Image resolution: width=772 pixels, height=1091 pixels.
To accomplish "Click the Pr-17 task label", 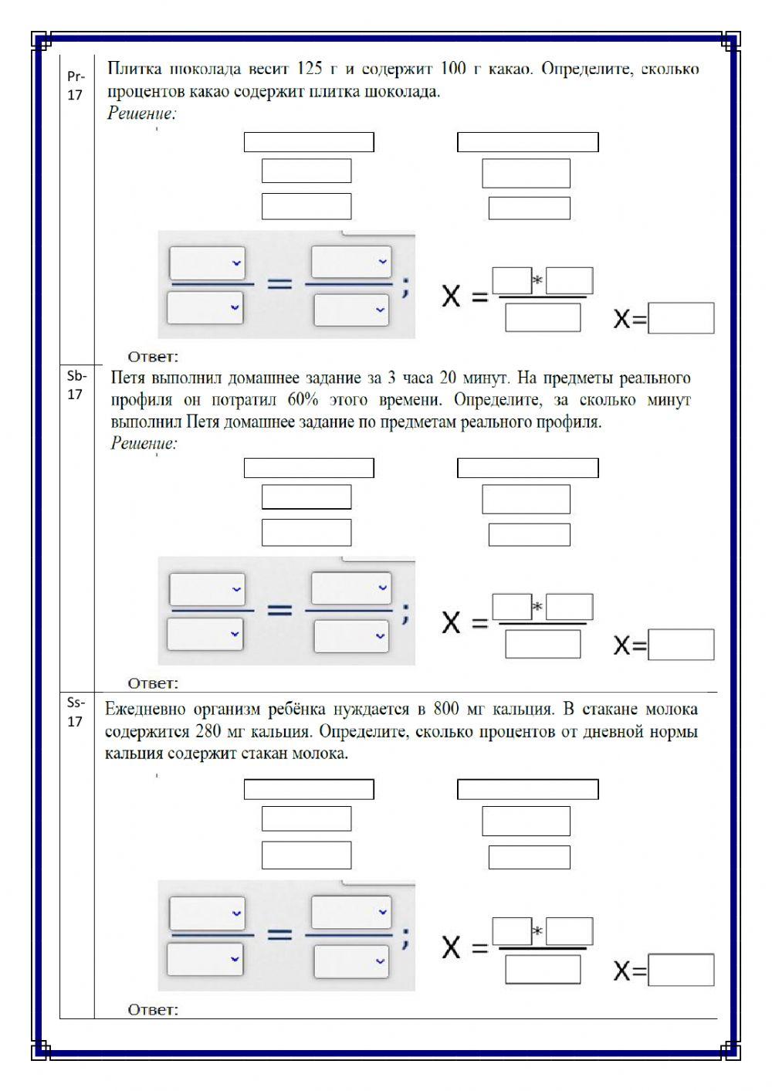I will (x=75, y=85).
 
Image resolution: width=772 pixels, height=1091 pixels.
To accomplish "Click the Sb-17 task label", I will (x=75, y=385).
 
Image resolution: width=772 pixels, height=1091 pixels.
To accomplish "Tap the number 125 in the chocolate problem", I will (x=309, y=69).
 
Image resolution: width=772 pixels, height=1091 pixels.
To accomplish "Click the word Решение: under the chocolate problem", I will (x=142, y=114).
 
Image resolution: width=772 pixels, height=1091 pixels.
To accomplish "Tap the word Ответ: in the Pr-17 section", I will (x=153, y=357).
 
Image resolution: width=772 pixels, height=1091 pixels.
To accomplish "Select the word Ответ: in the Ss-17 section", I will (x=153, y=1009).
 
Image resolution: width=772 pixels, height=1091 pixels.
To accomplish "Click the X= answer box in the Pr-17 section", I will (x=681, y=318).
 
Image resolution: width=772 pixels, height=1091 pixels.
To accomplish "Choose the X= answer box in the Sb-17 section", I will (x=681, y=645).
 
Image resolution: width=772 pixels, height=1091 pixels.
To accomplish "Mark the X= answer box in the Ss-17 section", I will (x=681, y=970).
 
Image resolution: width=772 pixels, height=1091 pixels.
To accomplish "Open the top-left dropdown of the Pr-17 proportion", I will (x=207, y=263).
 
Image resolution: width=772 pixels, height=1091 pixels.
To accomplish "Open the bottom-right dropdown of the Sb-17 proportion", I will (x=350, y=635).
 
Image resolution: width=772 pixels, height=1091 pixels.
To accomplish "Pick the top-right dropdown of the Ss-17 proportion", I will (x=351, y=913).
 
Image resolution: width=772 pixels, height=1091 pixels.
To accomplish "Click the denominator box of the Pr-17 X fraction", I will (x=543, y=317).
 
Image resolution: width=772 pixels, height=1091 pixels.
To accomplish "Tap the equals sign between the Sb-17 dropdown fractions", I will (x=279, y=610).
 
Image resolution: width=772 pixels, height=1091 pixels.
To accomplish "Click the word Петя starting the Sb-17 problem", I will (x=128, y=378).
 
